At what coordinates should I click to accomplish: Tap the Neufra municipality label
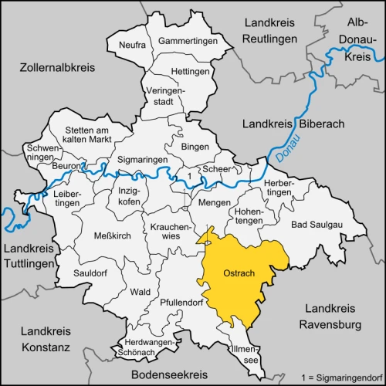(x=132, y=46)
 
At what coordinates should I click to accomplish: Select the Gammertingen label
(x=185, y=40)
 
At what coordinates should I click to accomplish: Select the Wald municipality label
(x=141, y=292)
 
